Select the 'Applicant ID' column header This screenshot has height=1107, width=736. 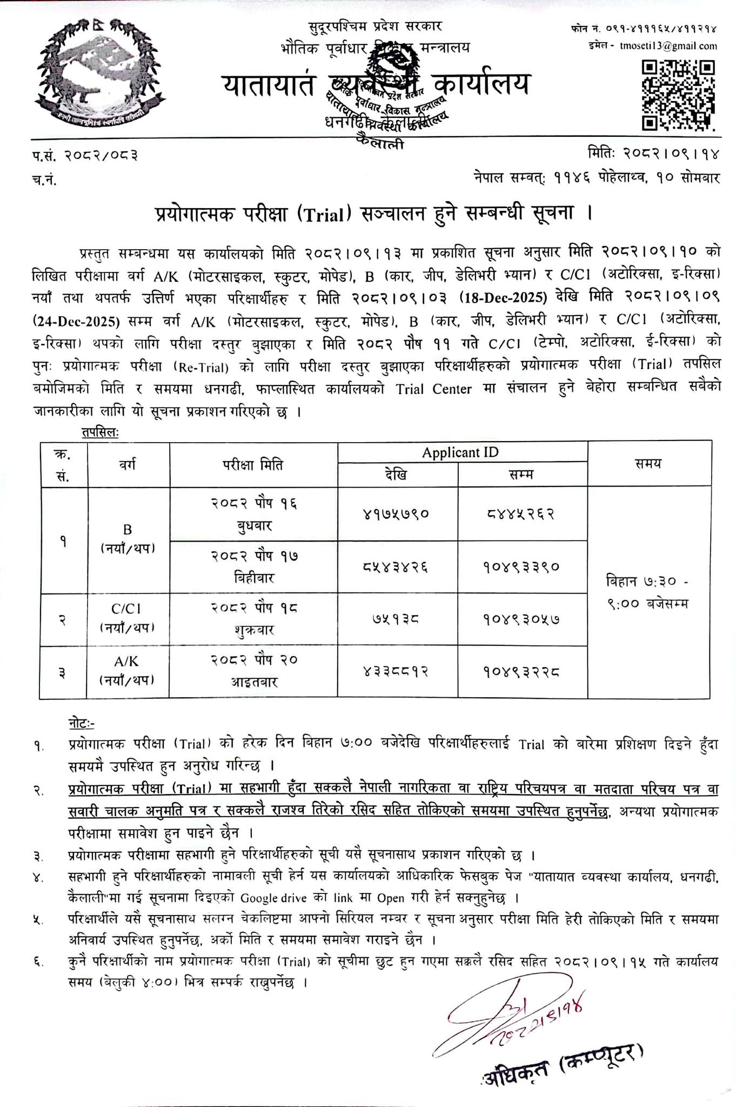click(x=460, y=452)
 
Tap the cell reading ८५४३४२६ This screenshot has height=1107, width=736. click(x=397, y=567)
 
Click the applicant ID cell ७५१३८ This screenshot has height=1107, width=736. click(x=397, y=619)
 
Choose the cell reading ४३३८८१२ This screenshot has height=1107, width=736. click(x=397, y=672)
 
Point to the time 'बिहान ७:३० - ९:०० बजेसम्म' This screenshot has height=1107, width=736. click(x=647, y=592)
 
